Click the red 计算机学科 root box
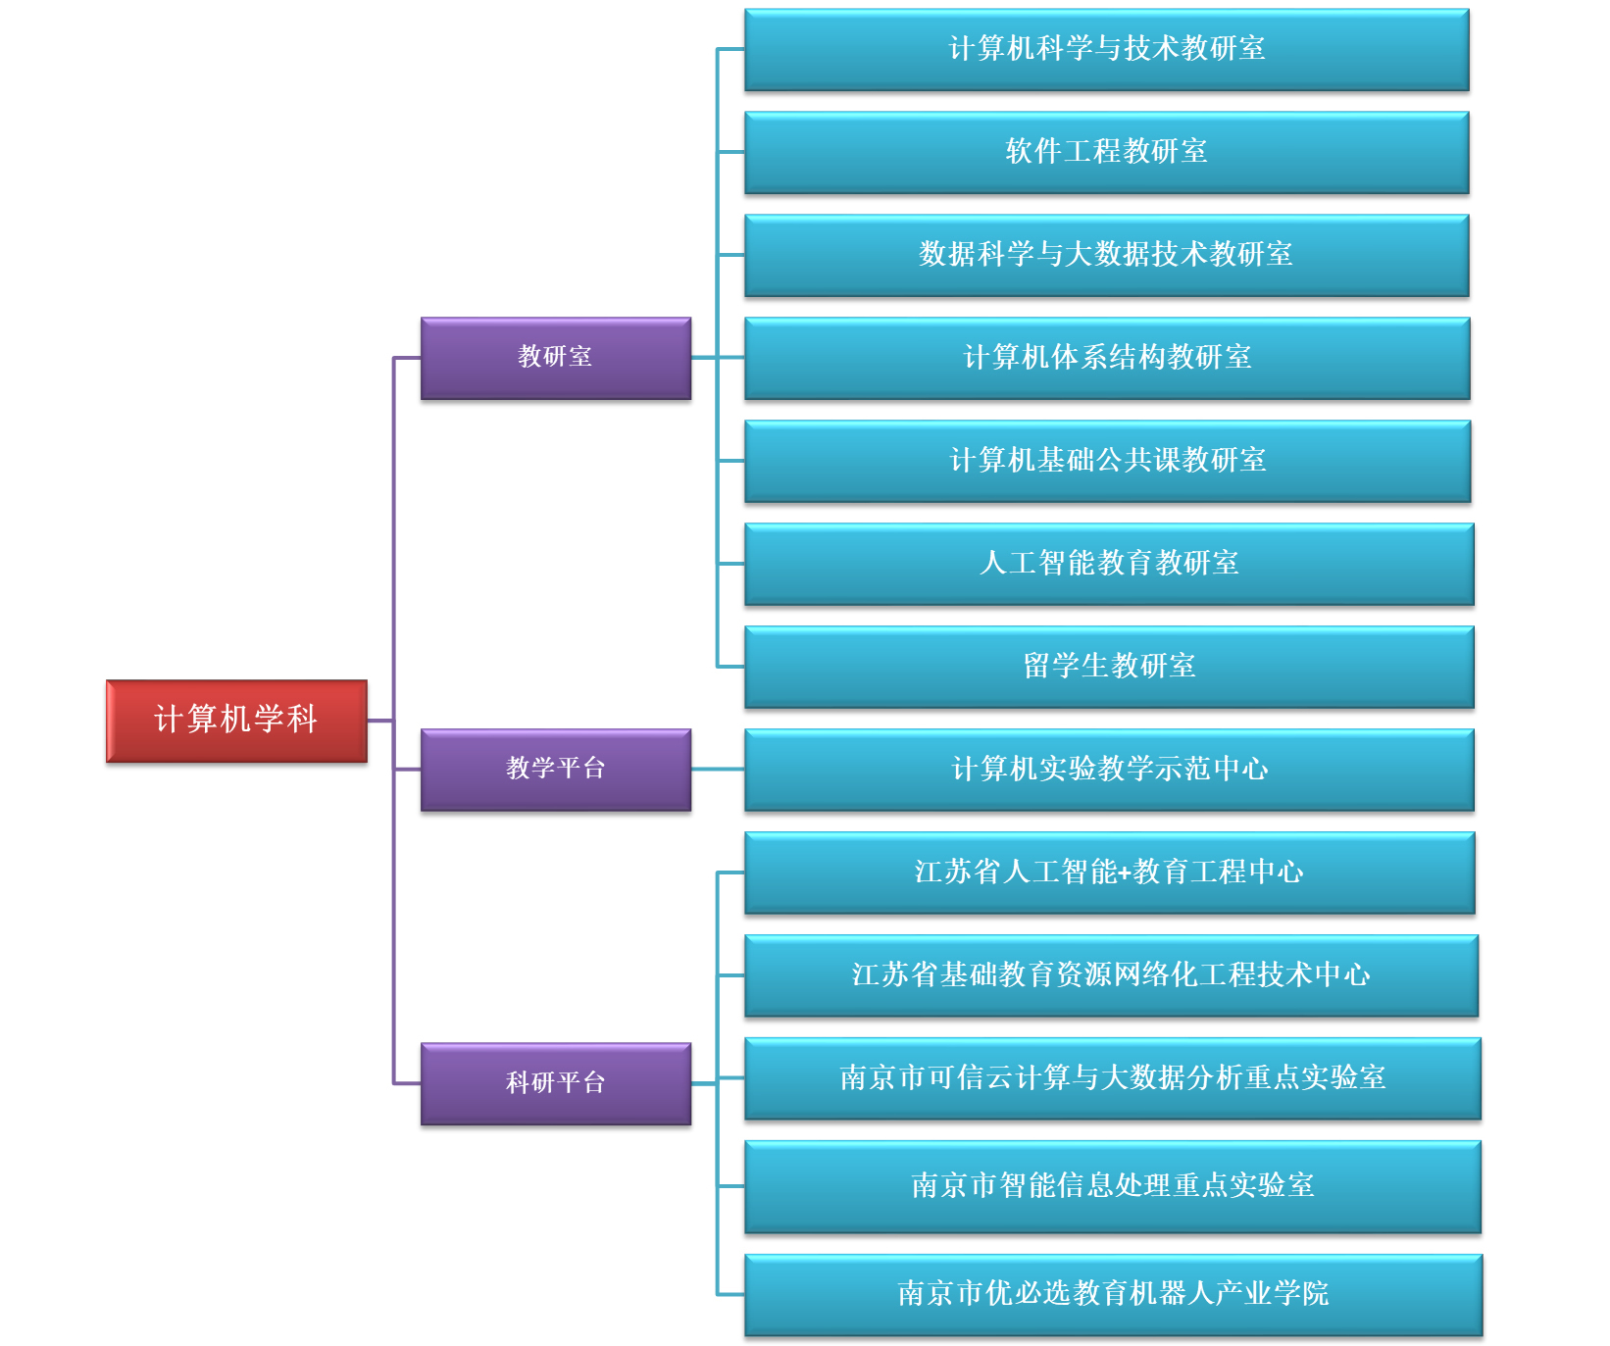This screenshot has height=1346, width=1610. (236, 721)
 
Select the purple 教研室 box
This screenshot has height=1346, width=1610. (556, 358)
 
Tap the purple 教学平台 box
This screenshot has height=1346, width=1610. (556, 770)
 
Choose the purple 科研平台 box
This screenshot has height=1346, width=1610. (556, 1083)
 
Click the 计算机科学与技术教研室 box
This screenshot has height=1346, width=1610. (1106, 50)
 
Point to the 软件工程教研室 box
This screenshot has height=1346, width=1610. (1106, 153)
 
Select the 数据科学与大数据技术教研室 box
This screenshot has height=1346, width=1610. (1106, 256)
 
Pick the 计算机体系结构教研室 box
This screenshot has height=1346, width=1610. (1107, 359)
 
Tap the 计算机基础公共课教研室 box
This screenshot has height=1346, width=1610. (1108, 462)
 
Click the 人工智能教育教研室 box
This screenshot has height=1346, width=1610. (1109, 565)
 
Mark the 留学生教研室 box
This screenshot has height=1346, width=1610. (1109, 668)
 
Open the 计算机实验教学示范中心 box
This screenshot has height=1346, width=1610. (1109, 771)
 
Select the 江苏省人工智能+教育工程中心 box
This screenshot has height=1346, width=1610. (1110, 873)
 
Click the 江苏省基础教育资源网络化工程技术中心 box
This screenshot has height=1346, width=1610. (1111, 976)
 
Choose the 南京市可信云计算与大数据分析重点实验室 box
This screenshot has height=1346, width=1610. (1112, 1079)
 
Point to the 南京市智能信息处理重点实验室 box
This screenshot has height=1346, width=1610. (1112, 1187)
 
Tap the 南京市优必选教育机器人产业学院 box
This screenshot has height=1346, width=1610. (1113, 1295)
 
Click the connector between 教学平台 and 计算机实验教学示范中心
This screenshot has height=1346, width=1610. (718, 770)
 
